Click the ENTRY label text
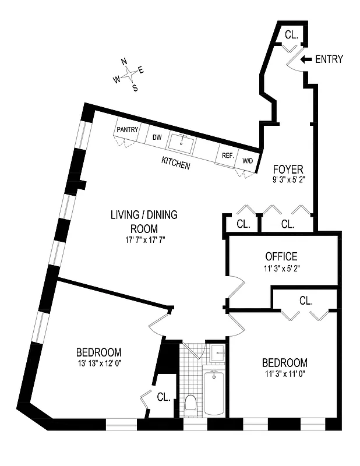329,59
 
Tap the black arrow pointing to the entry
306,59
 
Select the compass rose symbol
129,74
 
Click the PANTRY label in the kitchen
128,129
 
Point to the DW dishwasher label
157,137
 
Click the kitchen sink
182,142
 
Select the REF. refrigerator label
227,156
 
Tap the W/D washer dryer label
248,160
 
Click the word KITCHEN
175,165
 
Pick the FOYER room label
288,170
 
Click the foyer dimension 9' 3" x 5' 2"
288,181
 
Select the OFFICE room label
281,256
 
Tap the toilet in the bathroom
190,403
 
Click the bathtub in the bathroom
214,393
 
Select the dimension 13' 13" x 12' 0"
98,364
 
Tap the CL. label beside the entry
291,35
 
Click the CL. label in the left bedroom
164,397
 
